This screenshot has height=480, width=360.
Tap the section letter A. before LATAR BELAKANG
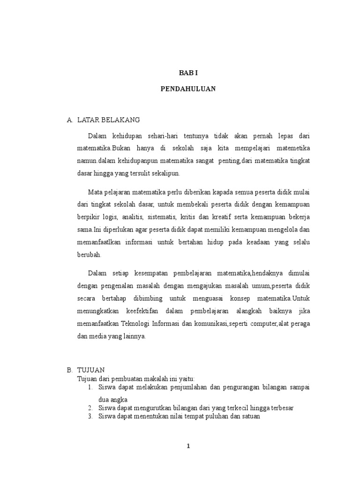pos(70,120)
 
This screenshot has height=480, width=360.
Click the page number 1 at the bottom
pos(188,446)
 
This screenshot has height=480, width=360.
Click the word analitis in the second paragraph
pos(132,217)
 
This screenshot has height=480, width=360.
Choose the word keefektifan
pos(146,311)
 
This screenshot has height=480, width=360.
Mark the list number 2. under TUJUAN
pos(90,408)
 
